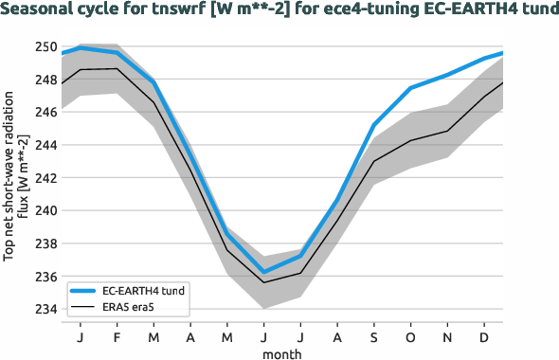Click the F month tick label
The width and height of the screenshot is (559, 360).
(x=117, y=336)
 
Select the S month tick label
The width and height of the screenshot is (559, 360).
(x=373, y=336)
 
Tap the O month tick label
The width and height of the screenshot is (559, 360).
(x=410, y=336)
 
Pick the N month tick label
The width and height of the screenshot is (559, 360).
(x=447, y=336)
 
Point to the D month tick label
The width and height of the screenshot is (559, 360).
(x=484, y=336)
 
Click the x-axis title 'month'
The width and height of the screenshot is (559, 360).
(x=282, y=352)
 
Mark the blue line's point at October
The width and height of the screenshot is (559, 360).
(x=410, y=88)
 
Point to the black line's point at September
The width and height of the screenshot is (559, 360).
(x=373, y=161)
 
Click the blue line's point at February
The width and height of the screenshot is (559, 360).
(x=117, y=52)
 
